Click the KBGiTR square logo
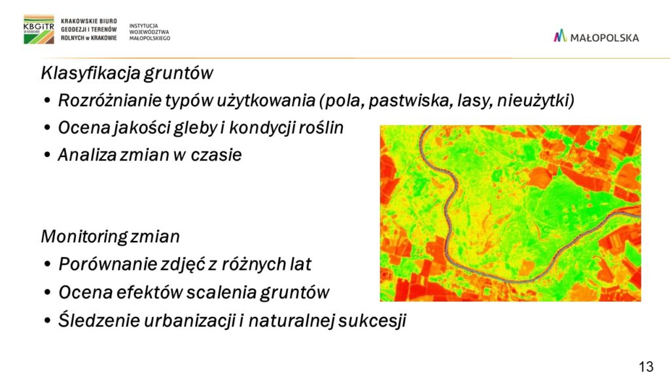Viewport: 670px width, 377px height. (39, 29)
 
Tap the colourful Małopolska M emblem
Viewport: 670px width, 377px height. (560, 36)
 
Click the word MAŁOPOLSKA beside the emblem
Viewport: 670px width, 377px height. (605, 37)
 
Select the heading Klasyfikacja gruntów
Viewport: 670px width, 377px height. (126, 73)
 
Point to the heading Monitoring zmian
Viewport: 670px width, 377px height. (110, 236)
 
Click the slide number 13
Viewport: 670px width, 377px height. (646, 367)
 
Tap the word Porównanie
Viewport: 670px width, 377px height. (107, 264)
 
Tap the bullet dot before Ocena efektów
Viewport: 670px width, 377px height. (47, 293)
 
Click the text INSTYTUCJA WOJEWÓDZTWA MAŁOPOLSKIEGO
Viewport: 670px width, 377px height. (150, 32)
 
